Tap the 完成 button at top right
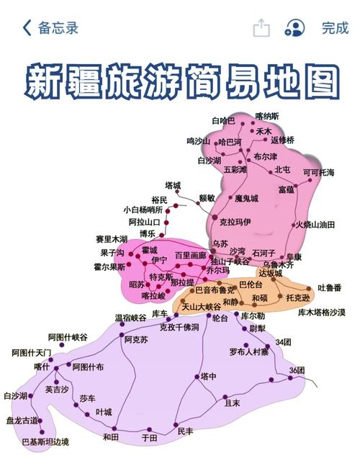click(335, 28)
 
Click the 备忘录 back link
click(52, 28)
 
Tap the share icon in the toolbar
click(261, 28)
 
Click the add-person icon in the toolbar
click(294, 28)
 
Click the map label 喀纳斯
click(267, 115)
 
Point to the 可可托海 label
click(318, 173)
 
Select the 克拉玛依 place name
click(235, 222)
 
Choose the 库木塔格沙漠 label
click(321, 313)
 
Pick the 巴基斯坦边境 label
click(45, 441)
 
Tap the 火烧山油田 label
click(315, 225)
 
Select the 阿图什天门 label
click(32, 352)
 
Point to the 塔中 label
click(208, 376)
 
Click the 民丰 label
click(185, 431)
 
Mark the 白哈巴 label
click(222, 120)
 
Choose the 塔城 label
click(174, 185)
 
